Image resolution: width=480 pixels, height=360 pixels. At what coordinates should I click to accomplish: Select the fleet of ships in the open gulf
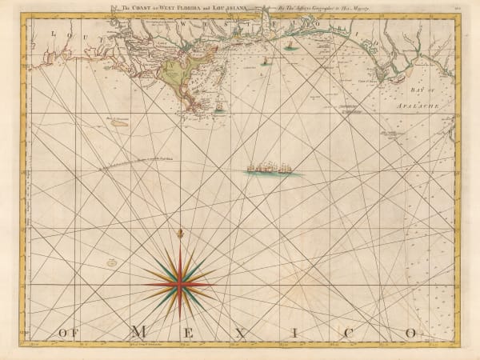click(268, 170)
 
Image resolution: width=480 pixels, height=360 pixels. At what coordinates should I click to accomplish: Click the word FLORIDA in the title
click(168, 10)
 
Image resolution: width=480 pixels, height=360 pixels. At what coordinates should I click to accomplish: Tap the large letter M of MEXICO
click(138, 331)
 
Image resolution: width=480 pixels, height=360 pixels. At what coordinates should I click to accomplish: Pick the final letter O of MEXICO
click(410, 331)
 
